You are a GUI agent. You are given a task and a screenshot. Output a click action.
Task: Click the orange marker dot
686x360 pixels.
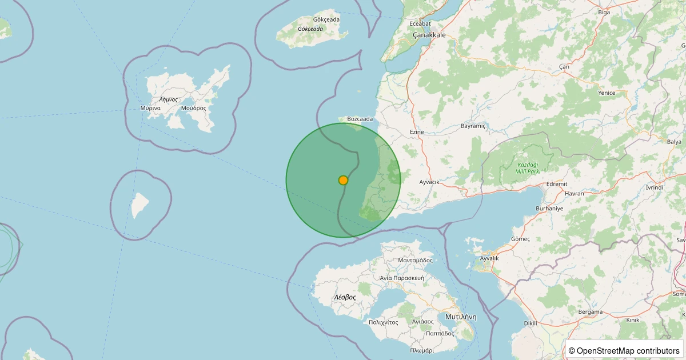click(343, 180)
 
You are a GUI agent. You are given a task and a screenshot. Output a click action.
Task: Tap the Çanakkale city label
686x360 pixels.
click(429, 35)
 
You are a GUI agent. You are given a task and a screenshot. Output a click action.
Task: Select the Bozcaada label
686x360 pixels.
click(360, 119)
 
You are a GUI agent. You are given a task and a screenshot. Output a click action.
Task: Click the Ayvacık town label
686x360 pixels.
click(429, 182)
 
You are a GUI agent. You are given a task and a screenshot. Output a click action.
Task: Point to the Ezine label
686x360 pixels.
click(417, 132)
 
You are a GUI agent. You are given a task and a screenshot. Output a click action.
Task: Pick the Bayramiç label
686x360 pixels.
click(473, 126)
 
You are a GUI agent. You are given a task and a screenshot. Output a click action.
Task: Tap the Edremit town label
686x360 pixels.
click(557, 184)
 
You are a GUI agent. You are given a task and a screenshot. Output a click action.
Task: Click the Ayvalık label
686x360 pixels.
click(489, 258)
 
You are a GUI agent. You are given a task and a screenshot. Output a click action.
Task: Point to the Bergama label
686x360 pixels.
click(591, 312)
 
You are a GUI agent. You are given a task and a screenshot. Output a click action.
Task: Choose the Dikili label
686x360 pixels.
click(531, 323)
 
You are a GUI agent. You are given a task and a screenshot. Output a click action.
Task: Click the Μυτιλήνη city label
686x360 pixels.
click(460, 317)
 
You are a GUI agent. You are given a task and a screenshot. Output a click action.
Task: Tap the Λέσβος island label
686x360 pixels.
click(345, 297)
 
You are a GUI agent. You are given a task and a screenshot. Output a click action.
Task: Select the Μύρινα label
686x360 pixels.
click(150, 108)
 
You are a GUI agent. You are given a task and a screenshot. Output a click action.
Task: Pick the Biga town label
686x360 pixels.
click(604, 12)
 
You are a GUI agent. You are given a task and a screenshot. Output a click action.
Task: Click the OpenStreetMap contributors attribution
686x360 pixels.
click(625, 351)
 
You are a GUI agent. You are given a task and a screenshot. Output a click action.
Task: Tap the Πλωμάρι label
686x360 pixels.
click(422, 350)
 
